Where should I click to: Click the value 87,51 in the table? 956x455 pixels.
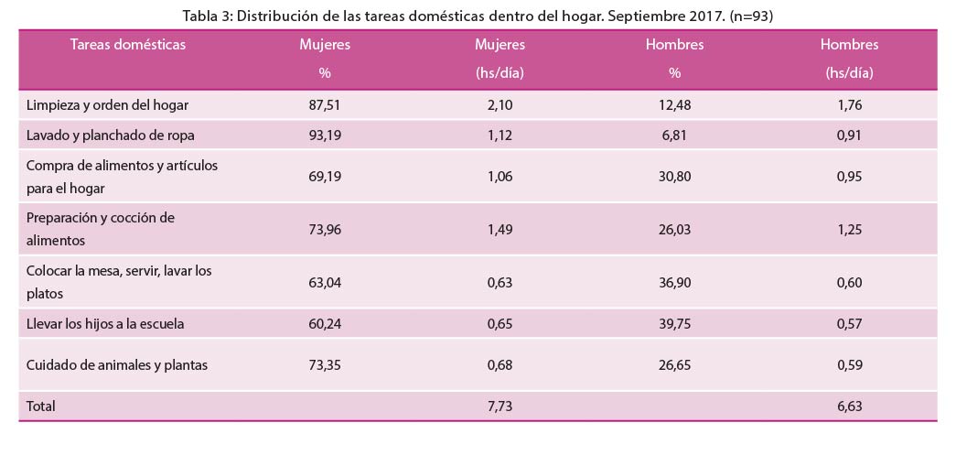tap(325, 105)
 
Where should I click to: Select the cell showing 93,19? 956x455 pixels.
tap(325, 135)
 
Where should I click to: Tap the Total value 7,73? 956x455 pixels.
tap(499, 406)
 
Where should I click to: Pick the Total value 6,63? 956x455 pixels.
tap(850, 406)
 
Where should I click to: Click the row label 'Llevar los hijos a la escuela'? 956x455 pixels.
tap(105, 323)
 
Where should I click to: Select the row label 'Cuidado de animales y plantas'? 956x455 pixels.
tap(117, 365)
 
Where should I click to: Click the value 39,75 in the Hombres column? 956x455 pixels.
tap(675, 323)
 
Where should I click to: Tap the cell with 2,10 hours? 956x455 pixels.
tap(499, 105)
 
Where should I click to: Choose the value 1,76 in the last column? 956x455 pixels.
tap(850, 105)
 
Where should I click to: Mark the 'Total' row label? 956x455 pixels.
tap(41, 406)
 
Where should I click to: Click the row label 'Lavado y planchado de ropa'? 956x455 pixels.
tap(111, 135)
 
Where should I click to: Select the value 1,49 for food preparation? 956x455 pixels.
tap(499, 229)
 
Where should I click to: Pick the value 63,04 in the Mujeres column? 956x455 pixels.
tap(325, 282)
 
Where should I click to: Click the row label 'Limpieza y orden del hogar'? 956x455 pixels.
tap(107, 105)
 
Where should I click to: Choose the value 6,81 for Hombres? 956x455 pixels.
tap(675, 135)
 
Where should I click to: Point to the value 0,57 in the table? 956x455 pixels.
tap(850, 323)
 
